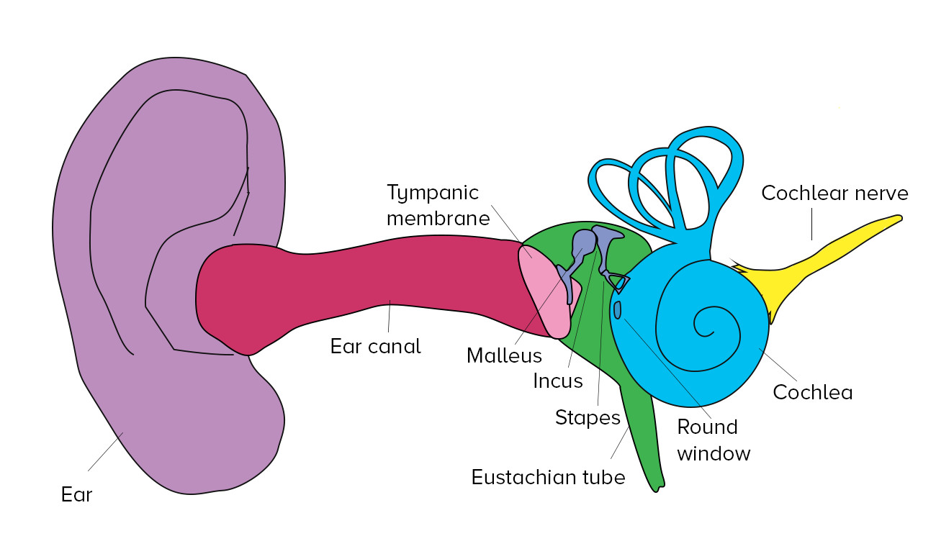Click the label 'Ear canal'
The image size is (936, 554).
(x=375, y=346)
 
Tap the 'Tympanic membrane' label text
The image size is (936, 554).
(x=438, y=205)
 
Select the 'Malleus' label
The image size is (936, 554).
(x=504, y=355)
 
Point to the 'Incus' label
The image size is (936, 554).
(x=558, y=381)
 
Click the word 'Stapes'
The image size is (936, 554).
(x=588, y=417)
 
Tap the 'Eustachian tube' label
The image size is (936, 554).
(x=548, y=477)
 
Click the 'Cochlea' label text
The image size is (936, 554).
(x=812, y=392)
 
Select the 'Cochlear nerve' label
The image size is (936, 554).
(x=834, y=194)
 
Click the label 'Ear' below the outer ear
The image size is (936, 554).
(x=76, y=495)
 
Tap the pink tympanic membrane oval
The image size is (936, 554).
(x=545, y=291)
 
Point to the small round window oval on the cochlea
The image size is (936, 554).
(x=618, y=309)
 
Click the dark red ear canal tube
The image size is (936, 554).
(x=360, y=288)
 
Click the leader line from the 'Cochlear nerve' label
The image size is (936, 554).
(x=812, y=224)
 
